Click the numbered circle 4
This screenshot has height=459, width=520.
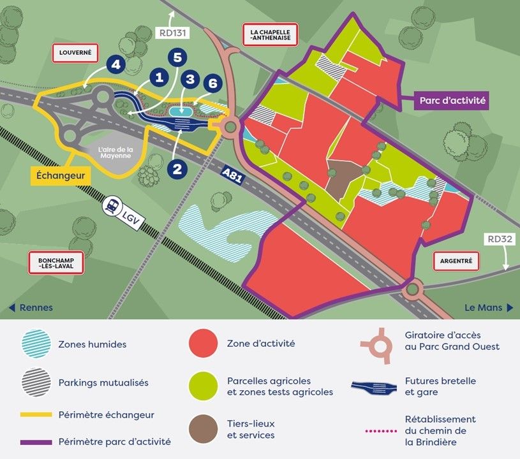pos(115,65)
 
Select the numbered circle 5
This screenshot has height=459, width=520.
pos(178,58)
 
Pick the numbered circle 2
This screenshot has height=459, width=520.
pos(178,168)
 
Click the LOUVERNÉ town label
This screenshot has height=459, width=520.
pos(75,53)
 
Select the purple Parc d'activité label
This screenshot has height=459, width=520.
pos(452,100)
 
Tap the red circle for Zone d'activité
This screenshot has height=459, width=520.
pos(204,344)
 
